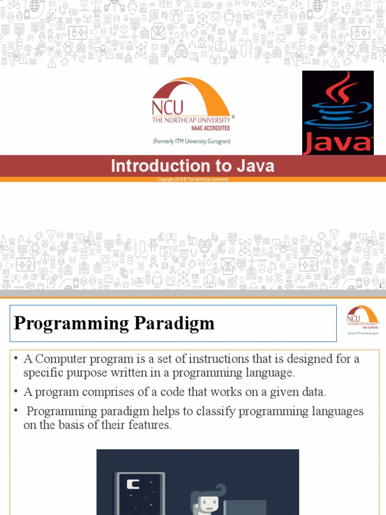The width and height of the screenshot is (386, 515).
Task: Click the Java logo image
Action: point(338,112)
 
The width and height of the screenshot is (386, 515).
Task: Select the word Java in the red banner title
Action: point(255,166)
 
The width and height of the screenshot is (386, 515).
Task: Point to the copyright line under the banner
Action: point(192,179)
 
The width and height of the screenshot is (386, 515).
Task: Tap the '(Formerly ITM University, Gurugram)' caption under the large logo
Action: point(191,142)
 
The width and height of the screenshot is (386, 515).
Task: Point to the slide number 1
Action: point(380,286)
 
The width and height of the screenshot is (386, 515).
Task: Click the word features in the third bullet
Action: point(147,425)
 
